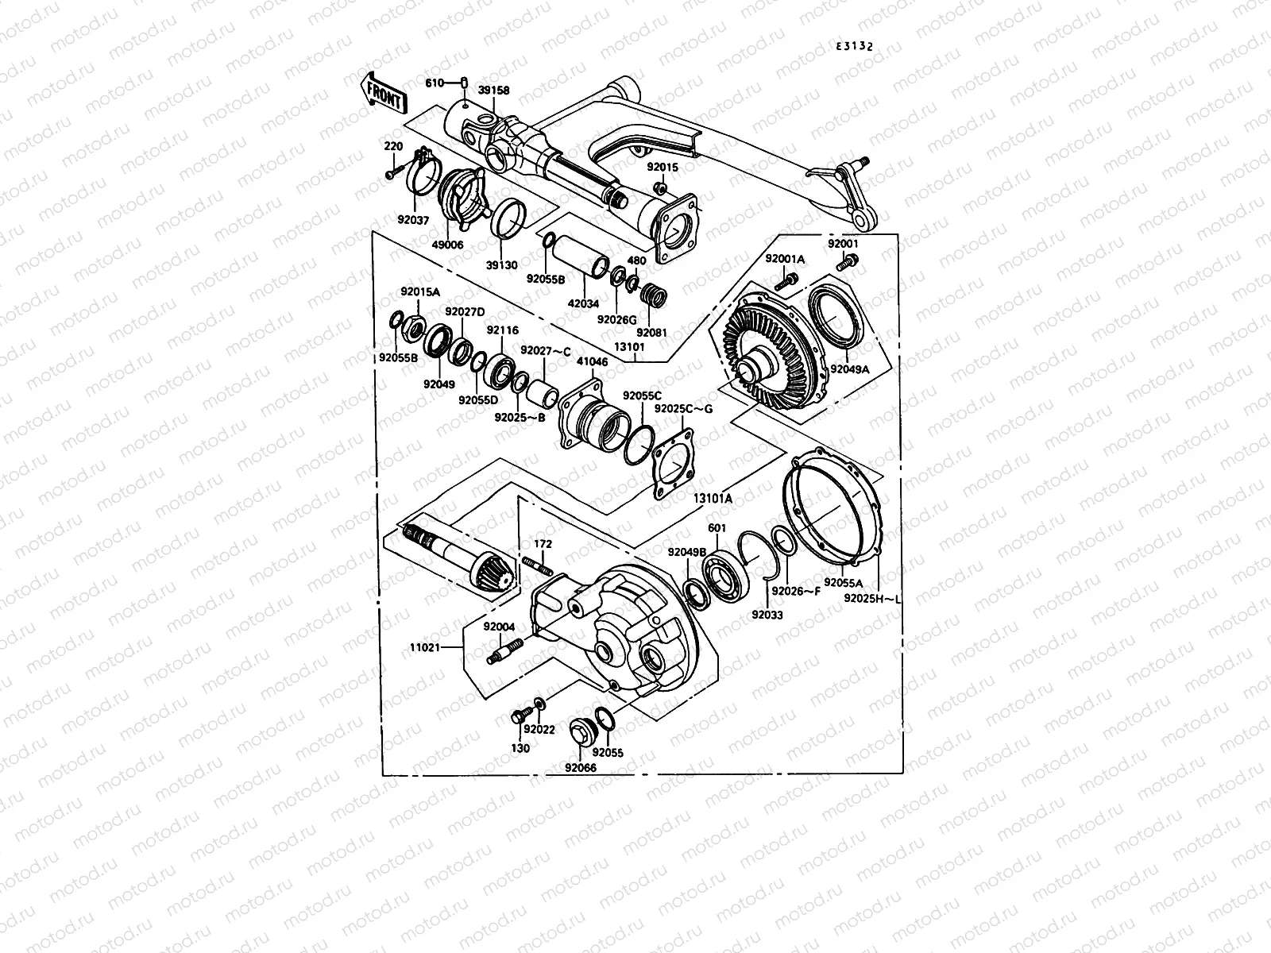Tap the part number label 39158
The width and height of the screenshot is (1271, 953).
click(x=493, y=91)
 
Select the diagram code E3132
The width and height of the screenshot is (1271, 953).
click(x=854, y=47)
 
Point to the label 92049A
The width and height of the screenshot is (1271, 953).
click(x=850, y=368)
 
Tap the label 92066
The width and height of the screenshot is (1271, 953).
click(x=581, y=767)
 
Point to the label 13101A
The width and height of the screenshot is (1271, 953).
click(x=712, y=498)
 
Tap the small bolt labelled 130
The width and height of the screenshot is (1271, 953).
click(x=519, y=716)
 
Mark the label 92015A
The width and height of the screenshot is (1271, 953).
click(x=419, y=292)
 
